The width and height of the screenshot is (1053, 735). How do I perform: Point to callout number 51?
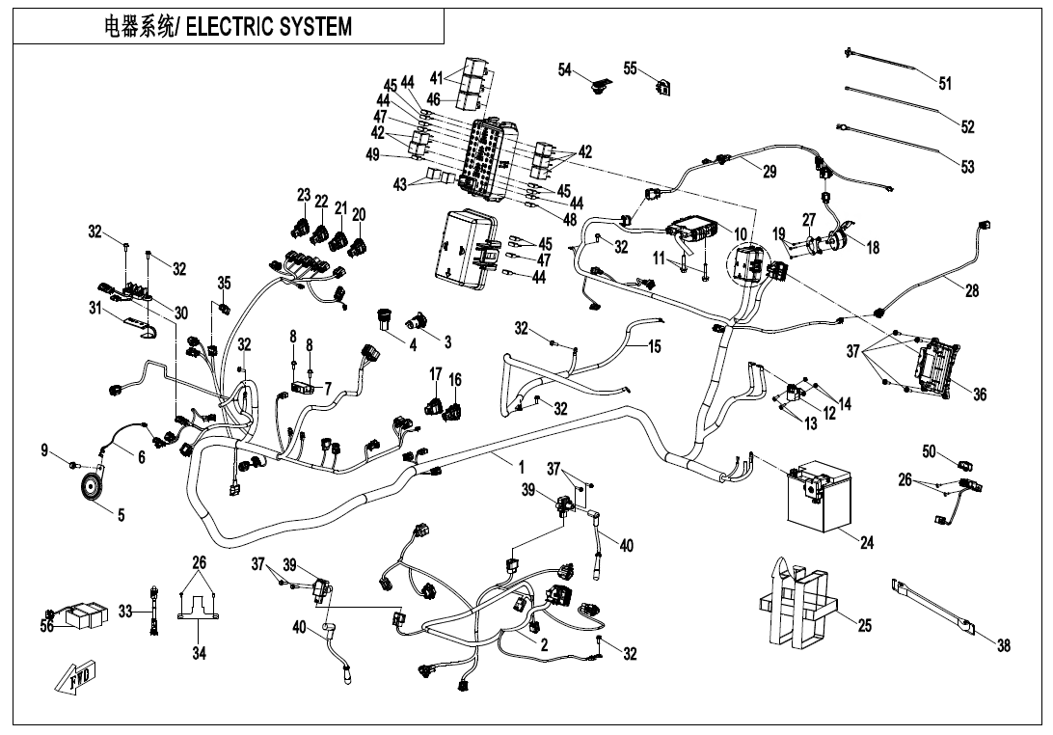click(x=945, y=84)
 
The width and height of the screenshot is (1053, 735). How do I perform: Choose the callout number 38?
click(x=1003, y=646)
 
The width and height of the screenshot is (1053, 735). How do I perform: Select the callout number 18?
click(x=873, y=248)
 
